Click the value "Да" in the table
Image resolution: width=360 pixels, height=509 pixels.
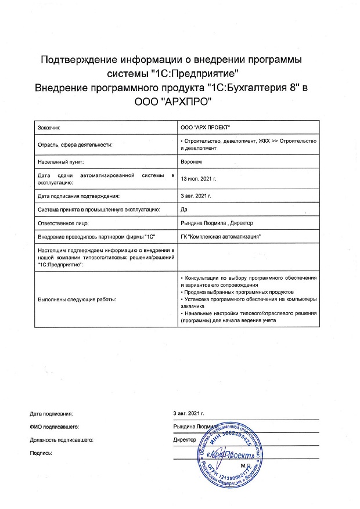pos(185,209)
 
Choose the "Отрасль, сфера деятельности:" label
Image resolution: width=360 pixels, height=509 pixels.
pos(74,144)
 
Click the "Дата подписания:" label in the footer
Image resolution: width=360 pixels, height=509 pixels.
pos(51,413)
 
